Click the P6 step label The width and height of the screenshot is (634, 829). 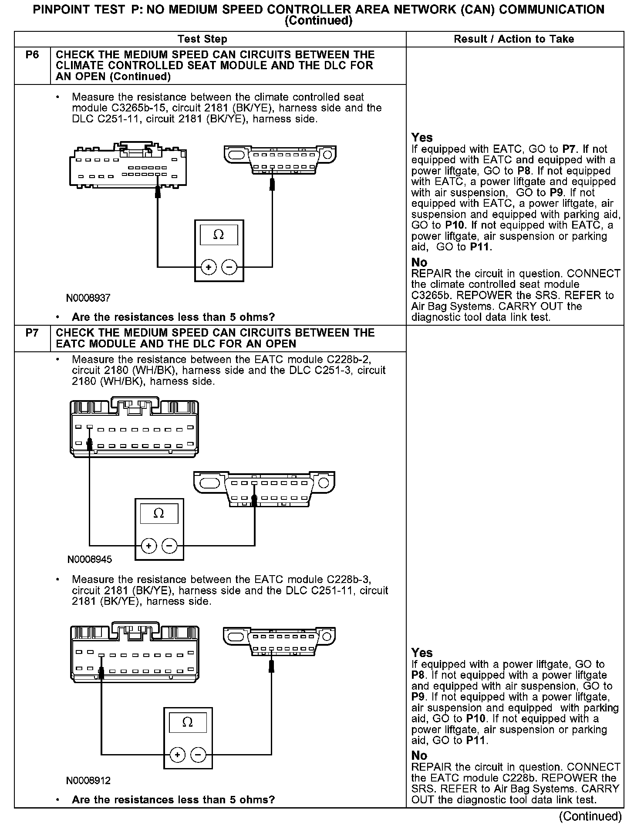[32, 55]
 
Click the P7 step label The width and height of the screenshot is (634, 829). [32, 333]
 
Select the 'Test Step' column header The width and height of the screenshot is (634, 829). [202, 39]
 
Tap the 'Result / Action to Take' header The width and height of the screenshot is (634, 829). [514, 39]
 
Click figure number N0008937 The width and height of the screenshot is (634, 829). [88, 298]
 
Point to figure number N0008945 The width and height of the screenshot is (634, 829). [90, 559]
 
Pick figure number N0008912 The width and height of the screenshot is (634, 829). [88, 781]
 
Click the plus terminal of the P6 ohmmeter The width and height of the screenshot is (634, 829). [209, 267]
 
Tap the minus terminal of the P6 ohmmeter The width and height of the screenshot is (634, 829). [229, 267]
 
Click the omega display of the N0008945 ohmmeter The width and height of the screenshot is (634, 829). [159, 514]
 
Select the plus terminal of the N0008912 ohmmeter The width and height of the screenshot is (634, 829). [177, 755]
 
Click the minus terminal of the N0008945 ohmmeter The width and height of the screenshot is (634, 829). [169, 546]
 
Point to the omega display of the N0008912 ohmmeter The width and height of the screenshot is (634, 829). [188, 723]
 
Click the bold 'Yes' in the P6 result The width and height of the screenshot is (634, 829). [422, 138]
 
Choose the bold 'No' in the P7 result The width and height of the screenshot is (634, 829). [419, 755]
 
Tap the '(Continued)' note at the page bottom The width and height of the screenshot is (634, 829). [590, 816]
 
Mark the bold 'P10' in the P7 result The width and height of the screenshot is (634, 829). [475, 718]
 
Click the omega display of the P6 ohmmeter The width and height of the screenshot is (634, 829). [219, 235]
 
